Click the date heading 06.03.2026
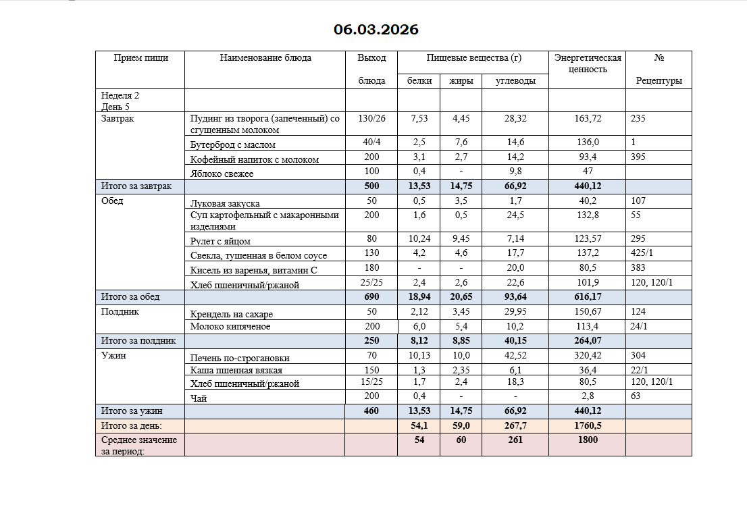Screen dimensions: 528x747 pos(376,30)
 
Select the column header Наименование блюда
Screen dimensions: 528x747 pos(265,58)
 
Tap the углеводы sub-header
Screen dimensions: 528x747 pos(515,81)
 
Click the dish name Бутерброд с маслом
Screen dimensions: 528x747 pos(232,144)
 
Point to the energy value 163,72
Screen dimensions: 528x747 pos(586,118)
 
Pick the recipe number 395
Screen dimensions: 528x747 pos(638,157)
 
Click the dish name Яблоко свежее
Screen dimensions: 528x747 pos(222,174)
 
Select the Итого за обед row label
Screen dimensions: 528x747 pos(130,296)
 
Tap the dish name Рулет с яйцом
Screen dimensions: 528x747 pos(220,241)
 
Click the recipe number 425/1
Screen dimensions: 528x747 pos(642,255)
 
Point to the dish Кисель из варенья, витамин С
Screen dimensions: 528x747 pos(253,270)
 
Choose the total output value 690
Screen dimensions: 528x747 pos(371,296)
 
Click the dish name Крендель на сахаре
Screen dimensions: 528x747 pos(232,314)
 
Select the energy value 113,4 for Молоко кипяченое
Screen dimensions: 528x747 pos(586,327)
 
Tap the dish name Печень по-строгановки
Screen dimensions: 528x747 pos(240,358)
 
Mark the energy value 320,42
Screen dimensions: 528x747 pos(586,356)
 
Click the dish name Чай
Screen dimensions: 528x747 pos(199,398)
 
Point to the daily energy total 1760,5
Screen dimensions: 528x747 pos(586,425)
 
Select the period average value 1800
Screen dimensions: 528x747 pos(586,440)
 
